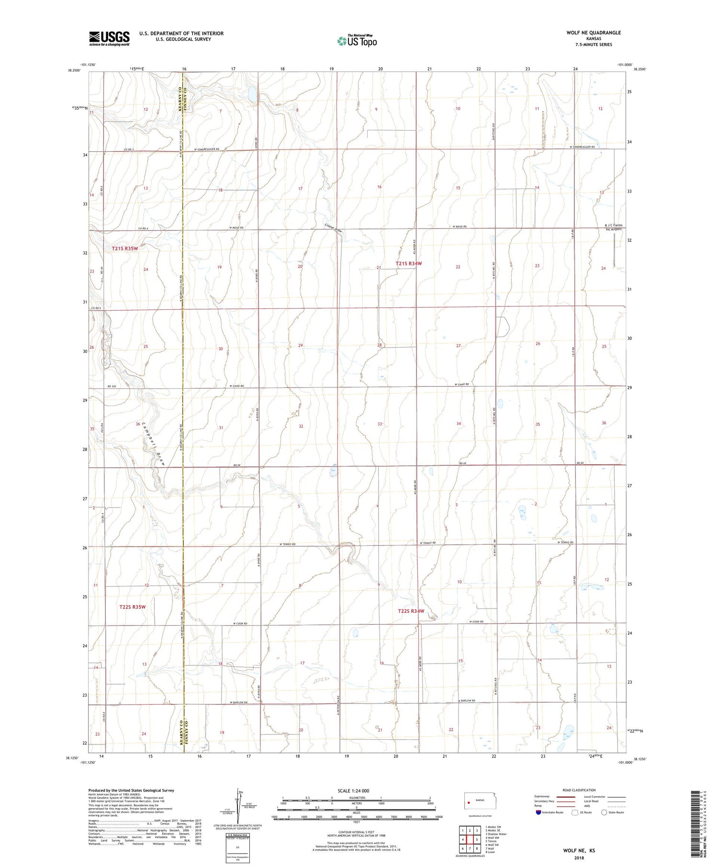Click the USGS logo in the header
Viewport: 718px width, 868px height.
[109, 38]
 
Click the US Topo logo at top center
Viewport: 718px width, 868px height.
[357, 41]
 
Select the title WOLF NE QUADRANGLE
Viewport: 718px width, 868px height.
[594, 33]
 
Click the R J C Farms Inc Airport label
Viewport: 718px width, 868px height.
[614, 227]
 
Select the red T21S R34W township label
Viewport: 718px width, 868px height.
[409, 263]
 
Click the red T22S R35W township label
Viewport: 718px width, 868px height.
[132, 607]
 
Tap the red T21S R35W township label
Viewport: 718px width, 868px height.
[125, 248]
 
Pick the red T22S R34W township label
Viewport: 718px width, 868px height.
[411, 611]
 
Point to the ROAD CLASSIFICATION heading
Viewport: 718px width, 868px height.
[579, 790]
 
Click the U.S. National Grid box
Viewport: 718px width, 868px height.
[238, 848]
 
